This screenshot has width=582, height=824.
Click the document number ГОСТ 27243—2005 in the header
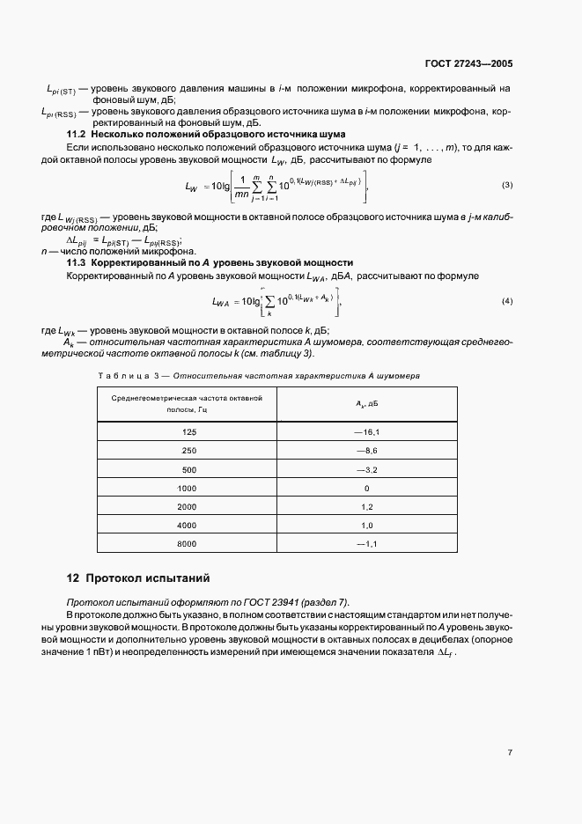tap(468, 64)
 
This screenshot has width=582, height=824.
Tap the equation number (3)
tap(507, 186)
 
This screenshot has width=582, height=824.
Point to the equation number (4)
tap(507, 302)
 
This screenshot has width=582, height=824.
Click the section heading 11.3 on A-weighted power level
tap(210, 262)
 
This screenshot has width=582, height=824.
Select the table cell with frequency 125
tap(188, 432)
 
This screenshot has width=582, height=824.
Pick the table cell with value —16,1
tap(366, 432)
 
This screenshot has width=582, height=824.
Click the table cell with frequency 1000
tap(188, 488)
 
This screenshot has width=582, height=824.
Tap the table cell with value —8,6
tap(366, 451)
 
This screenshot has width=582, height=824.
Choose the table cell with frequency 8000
tap(188, 544)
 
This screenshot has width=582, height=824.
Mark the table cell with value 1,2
tap(367, 507)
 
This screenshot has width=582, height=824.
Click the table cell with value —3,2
tap(366, 469)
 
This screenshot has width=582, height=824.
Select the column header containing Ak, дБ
tap(366, 404)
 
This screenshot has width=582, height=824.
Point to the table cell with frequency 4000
tap(188, 526)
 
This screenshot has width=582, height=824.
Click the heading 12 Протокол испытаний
tap(139, 579)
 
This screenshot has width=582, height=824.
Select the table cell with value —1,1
tap(366, 544)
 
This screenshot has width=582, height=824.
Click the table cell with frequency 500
tap(188, 469)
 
